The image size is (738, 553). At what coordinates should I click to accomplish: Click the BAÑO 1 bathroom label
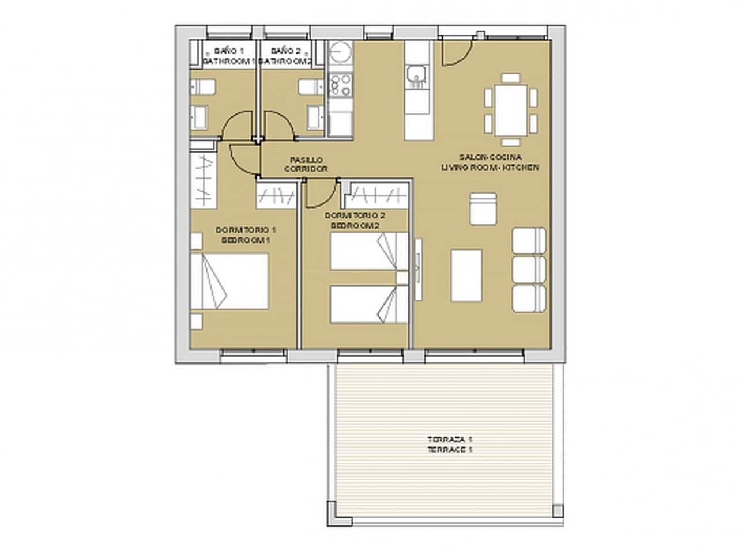(225, 55)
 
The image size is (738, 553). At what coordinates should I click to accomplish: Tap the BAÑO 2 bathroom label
(285, 55)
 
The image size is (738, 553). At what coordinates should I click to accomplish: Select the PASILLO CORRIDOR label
(306, 164)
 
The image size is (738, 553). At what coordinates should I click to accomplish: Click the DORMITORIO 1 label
(242, 234)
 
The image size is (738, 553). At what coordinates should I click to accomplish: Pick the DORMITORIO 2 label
(355, 221)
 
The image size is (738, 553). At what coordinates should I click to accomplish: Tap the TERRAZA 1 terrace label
(450, 445)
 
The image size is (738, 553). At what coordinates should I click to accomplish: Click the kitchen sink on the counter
(416, 75)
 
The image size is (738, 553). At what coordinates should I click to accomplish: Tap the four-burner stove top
(339, 85)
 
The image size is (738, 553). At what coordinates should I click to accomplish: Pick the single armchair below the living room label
(483, 209)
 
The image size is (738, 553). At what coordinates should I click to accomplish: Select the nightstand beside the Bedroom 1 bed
(197, 321)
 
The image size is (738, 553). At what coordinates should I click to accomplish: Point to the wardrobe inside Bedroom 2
(376, 195)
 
